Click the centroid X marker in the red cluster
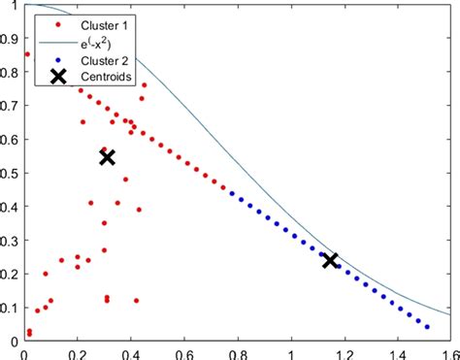(108, 157)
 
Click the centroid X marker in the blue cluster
(330, 260)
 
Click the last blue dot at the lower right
(427, 327)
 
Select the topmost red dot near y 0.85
(27, 54)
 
